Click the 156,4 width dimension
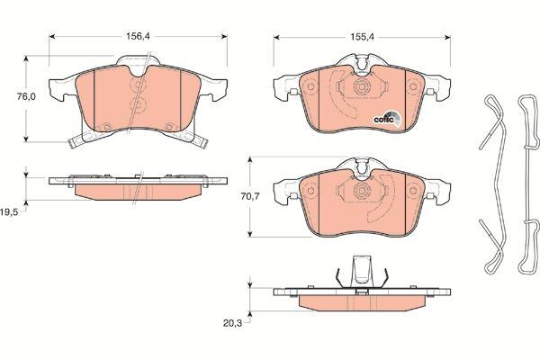pyautogui.click(x=138, y=36)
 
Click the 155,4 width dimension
pyautogui.click(x=362, y=37)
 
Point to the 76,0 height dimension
pyautogui.click(x=26, y=96)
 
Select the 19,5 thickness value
pyautogui.click(x=9, y=212)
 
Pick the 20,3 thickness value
pyautogui.click(x=232, y=323)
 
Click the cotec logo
pyautogui.click(x=387, y=119)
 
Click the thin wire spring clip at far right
pyautogui.click(x=530, y=184)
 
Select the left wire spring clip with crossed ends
pyautogui.click(x=494, y=184)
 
